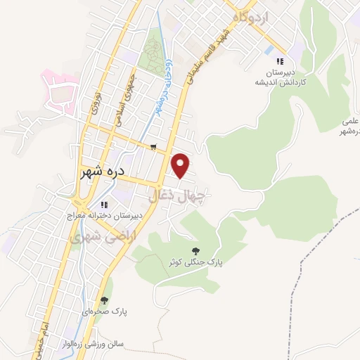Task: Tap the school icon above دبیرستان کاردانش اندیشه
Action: (x=281, y=61)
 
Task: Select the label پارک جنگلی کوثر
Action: (x=195, y=262)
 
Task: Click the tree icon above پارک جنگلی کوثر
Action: (x=195, y=250)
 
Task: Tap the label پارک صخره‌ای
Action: (x=104, y=311)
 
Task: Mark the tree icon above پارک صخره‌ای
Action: (x=104, y=300)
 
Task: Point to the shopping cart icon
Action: (x=153, y=147)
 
